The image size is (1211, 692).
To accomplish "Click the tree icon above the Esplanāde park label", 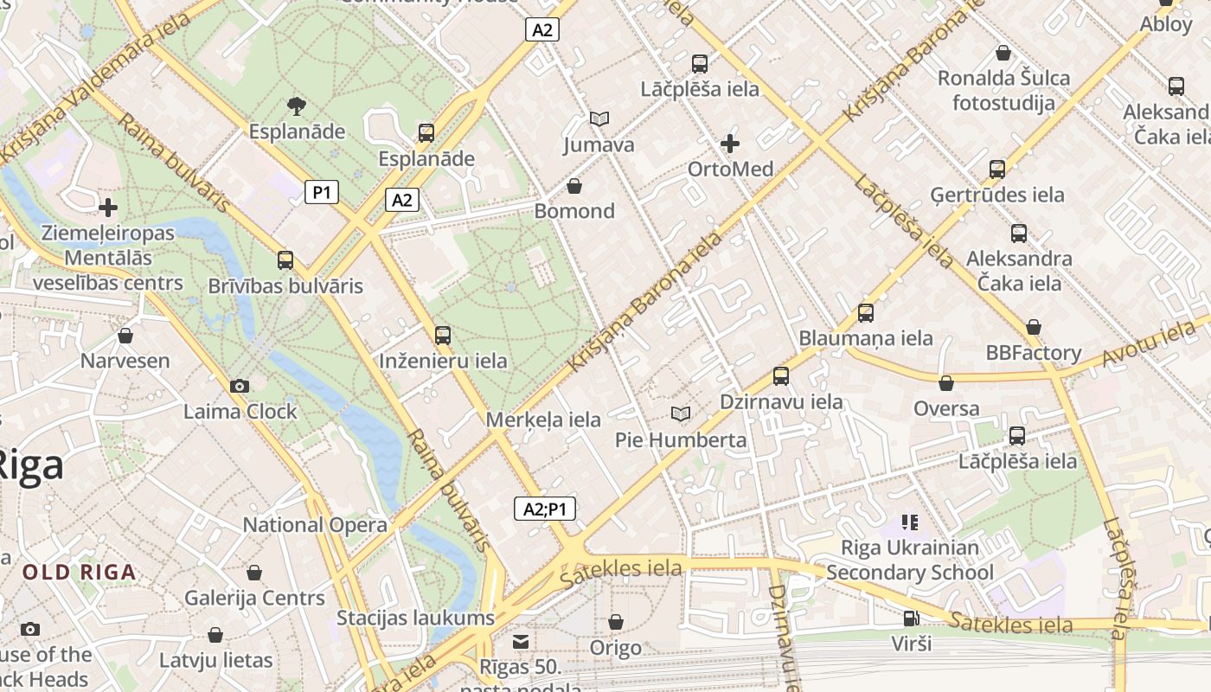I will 297,106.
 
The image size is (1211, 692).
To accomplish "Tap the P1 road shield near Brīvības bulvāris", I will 321,192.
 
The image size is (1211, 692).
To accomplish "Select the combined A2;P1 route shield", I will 545,509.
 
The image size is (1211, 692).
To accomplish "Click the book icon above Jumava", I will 599,119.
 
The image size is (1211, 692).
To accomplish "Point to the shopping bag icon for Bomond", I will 573,186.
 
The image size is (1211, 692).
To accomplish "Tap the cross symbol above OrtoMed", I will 730,144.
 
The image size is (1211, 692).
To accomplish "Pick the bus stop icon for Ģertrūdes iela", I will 997,170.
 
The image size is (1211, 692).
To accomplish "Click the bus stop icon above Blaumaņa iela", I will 866,313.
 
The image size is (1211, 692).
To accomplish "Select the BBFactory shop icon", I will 1033,328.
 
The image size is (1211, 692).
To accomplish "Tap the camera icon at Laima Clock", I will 240,387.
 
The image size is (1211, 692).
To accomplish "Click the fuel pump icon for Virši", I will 911,618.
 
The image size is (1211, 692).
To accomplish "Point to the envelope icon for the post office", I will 521,642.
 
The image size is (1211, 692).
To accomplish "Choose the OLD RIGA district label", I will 80,572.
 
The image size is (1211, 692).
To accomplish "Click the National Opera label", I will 315,525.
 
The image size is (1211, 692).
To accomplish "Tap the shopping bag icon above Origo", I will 615,622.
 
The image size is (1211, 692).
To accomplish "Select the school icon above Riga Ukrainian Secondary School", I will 909,522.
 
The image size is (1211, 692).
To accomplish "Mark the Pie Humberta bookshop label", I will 681,439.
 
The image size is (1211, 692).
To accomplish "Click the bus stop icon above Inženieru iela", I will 443,336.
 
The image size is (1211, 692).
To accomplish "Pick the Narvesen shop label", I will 125,361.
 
